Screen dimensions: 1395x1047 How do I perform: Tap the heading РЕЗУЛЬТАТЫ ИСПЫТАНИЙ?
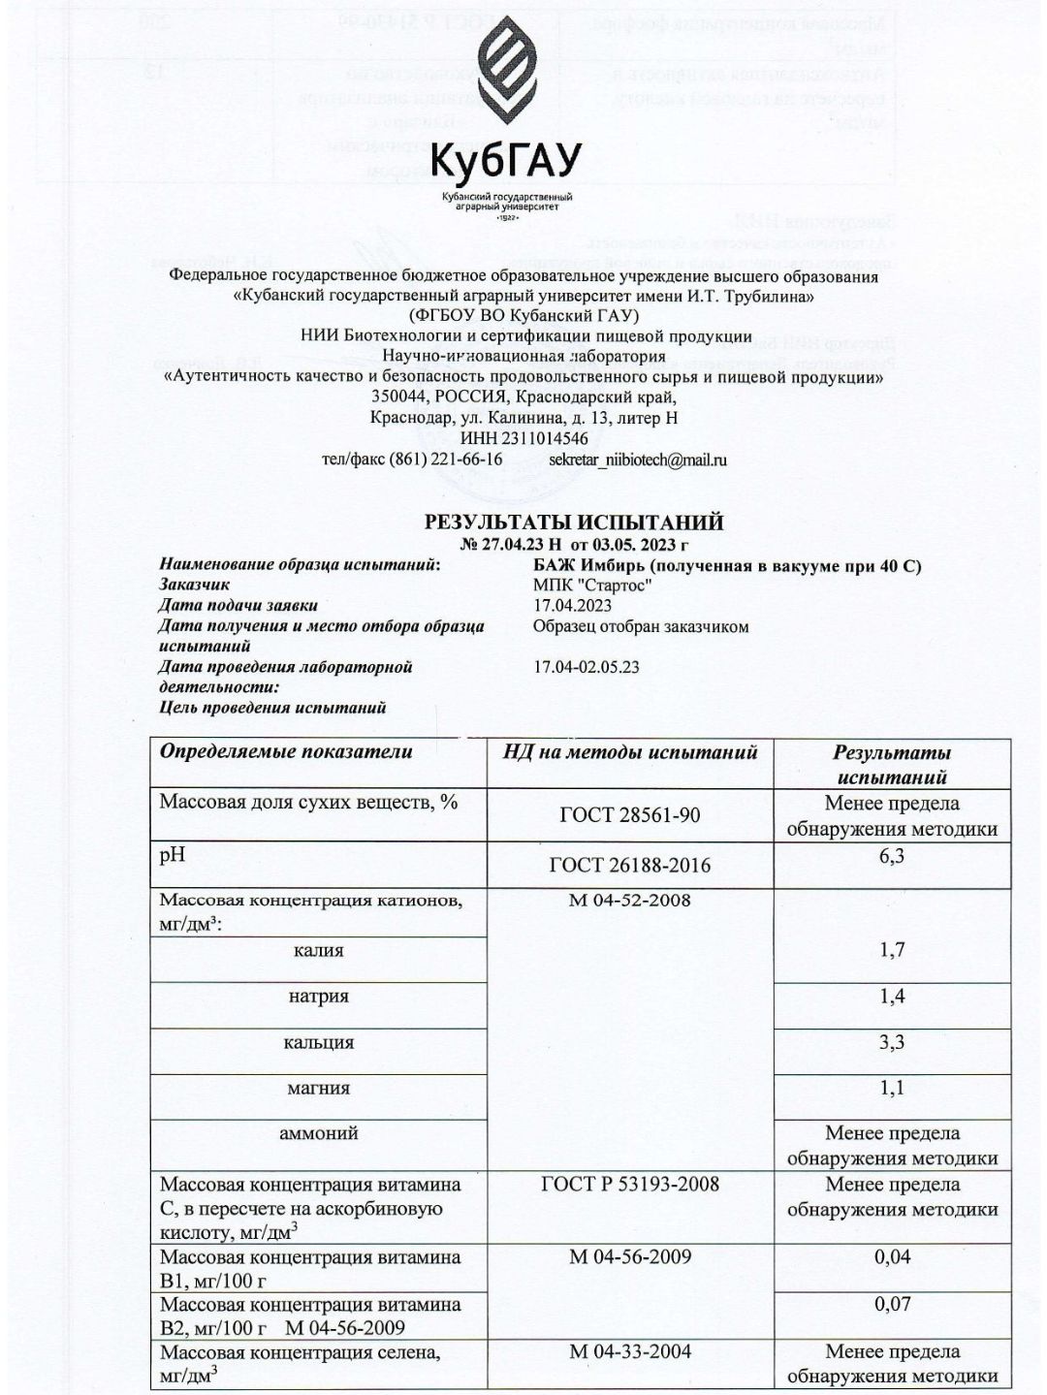(x=574, y=523)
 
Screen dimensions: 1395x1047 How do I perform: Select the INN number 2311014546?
(x=524, y=438)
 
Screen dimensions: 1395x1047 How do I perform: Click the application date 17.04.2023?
(x=572, y=605)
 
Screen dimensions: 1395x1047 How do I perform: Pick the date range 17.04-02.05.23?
(x=587, y=667)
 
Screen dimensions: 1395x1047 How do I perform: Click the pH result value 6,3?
(x=892, y=855)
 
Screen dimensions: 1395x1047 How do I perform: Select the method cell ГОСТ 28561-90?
(x=630, y=815)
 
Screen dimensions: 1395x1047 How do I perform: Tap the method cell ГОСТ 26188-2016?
(x=630, y=865)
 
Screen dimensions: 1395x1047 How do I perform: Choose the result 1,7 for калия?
(x=892, y=949)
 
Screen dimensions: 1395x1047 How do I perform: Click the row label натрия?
(x=319, y=996)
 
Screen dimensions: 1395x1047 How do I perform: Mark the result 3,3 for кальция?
(x=892, y=1042)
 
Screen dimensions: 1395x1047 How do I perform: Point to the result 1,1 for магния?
(x=892, y=1088)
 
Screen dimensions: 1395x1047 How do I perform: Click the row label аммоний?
(x=319, y=1132)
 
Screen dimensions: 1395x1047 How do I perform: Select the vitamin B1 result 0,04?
(x=892, y=1256)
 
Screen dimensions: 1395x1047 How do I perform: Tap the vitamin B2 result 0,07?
(x=892, y=1303)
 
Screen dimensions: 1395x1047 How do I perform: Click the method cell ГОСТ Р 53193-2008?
(x=630, y=1184)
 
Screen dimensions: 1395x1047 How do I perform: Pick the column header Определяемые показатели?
(x=286, y=752)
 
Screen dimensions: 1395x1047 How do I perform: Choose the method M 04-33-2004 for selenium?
(x=630, y=1351)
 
